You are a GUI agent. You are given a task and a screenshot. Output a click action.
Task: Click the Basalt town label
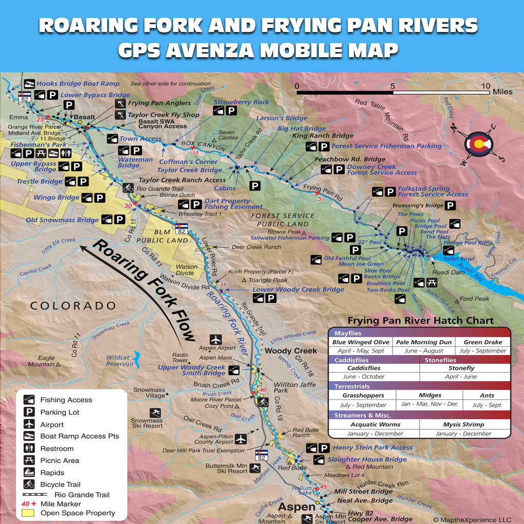(x=84, y=117)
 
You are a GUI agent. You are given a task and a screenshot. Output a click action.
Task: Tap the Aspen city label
(x=291, y=507)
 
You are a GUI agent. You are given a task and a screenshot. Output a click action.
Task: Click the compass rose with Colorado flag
(x=479, y=144)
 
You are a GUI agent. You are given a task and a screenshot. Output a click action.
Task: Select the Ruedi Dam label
(x=449, y=272)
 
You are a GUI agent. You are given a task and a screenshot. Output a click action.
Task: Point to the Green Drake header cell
(x=484, y=342)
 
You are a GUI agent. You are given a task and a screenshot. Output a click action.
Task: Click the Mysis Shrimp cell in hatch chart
(x=463, y=424)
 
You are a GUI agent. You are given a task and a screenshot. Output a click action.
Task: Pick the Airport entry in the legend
(x=52, y=425)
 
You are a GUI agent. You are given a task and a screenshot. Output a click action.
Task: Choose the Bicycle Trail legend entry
(x=60, y=484)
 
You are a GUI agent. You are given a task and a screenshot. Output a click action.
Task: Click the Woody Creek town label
(x=291, y=351)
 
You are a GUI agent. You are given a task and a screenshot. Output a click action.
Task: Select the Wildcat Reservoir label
(x=120, y=361)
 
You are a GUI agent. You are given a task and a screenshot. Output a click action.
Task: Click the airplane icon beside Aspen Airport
(x=216, y=339)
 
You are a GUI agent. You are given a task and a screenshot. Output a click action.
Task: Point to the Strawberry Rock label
(x=241, y=102)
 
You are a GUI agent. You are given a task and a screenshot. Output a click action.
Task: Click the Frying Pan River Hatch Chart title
(x=420, y=321)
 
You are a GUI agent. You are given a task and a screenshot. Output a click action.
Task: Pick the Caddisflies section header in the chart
(x=352, y=360)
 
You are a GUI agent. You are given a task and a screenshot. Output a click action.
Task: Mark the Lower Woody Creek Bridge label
(x=298, y=290)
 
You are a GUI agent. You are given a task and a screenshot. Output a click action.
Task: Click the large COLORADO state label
(x=73, y=306)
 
